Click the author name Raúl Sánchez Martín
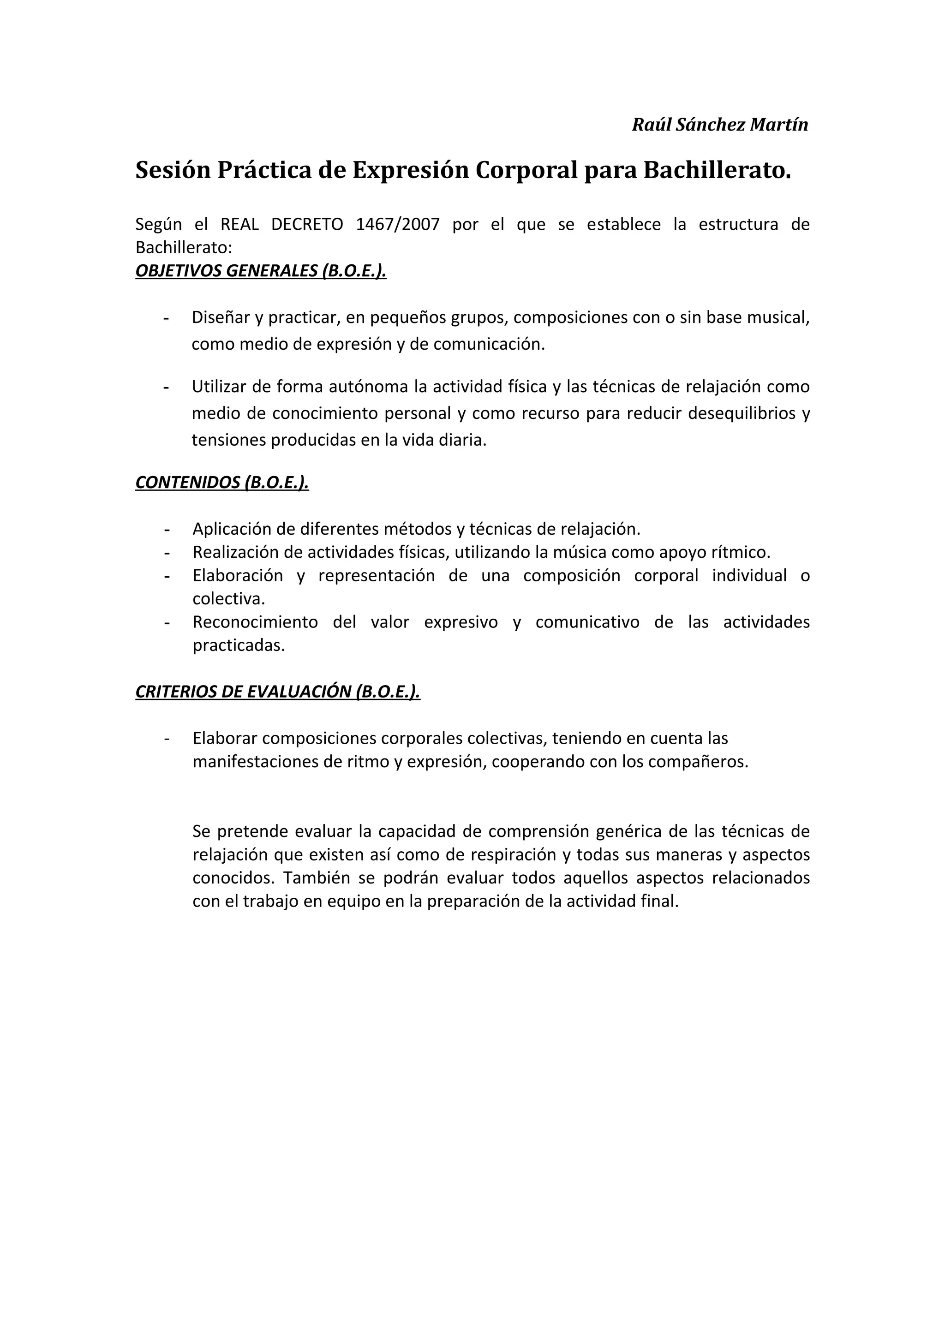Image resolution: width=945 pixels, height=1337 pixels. tap(720, 125)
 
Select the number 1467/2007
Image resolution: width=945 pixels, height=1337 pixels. tap(397, 224)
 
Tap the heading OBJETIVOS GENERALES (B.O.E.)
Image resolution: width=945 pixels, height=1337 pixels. tap(261, 271)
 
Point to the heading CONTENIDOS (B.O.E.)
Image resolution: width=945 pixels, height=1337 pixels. tap(222, 482)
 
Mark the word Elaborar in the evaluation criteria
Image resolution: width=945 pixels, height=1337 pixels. tap(225, 738)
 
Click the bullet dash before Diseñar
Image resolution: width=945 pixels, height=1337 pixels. tap(167, 318)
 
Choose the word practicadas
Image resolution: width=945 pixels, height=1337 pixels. tap(239, 645)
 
